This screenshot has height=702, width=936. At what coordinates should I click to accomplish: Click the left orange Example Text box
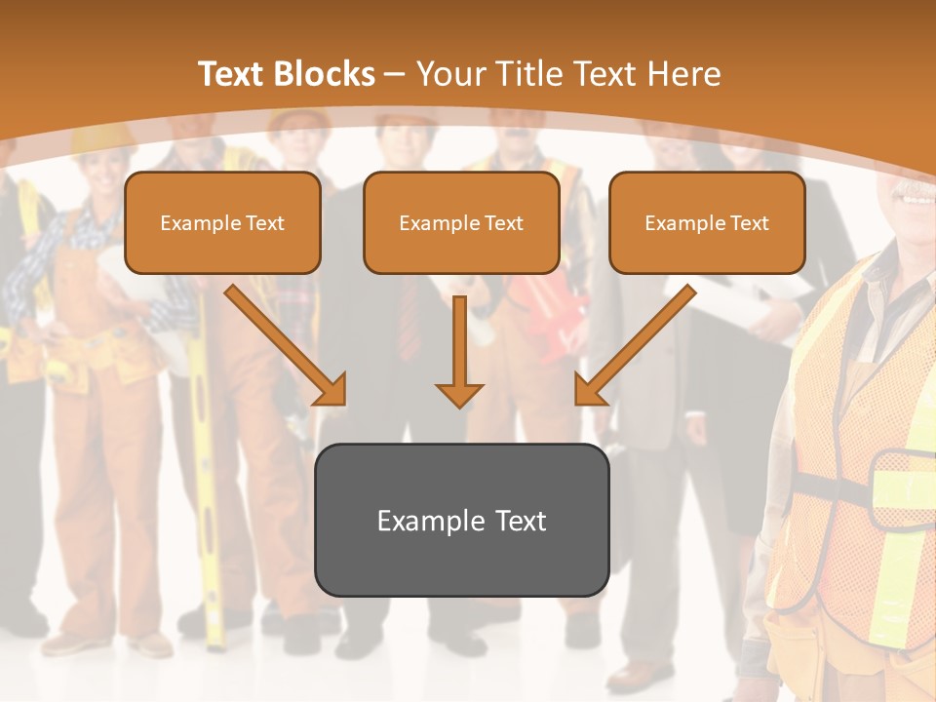pyautogui.click(x=222, y=223)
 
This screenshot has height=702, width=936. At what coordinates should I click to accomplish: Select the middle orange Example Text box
pyautogui.click(x=461, y=223)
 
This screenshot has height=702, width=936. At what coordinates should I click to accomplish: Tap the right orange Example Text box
pyautogui.click(x=707, y=223)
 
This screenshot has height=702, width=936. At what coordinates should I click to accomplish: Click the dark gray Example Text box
pyautogui.click(x=461, y=520)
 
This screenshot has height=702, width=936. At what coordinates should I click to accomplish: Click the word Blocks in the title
pyautogui.click(x=326, y=74)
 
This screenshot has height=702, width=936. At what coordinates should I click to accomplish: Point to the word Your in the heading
pyautogui.click(x=448, y=74)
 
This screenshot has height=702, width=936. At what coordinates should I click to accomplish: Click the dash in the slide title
pyautogui.click(x=395, y=74)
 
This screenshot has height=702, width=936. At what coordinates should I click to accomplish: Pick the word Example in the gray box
pyautogui.click(x=430, y=521)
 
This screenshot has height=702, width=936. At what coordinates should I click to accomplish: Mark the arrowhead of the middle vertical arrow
pyautogui.click(x=459, y=394)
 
